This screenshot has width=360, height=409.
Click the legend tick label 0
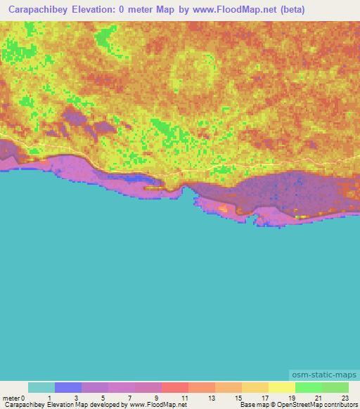(23, 397)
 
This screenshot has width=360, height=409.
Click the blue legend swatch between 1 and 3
(68, 387)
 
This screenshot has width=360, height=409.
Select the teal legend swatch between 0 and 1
(41, 387)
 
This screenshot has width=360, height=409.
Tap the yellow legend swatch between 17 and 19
(282, 387)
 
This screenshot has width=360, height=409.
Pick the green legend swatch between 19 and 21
(309, 387)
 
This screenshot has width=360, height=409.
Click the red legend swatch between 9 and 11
(175, 387)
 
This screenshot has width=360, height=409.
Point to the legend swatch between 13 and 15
(229, 387)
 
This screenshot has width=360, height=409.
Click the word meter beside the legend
(10, 397)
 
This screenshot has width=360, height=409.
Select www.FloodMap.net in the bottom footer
(153, 405)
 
